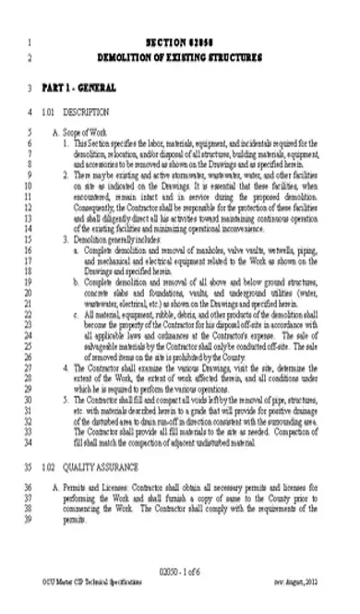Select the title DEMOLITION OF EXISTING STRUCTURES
click(x=179, y=57)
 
